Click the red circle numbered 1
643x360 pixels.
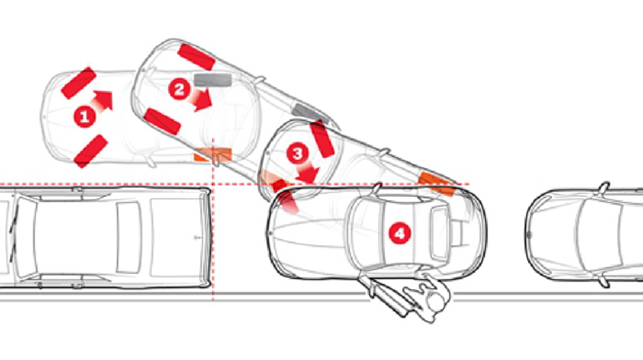tap(85, 117)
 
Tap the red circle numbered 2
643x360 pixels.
tap(180, 89)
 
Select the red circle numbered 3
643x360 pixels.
tap(297, 153)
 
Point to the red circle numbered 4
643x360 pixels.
tap(400, 233)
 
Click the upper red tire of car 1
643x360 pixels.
tap(79, 83)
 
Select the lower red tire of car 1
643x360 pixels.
tap(91, 151)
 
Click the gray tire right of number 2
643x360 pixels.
tap(213, 79)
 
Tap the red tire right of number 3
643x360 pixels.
tap(323, 139)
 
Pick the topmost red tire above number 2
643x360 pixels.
tap(196, 57)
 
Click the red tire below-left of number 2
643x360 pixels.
tap(162, 122)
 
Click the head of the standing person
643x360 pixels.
tap(436, 302)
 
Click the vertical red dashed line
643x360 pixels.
tap(213, 220)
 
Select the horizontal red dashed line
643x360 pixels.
tap(234, 184)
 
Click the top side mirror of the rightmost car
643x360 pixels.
tap(604, 187)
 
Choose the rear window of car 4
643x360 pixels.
tap(439, 234)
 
